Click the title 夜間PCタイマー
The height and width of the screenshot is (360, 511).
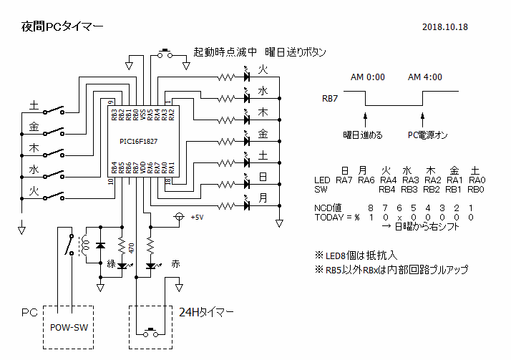tap(62, 26)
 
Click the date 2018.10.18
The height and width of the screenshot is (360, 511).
tap(445, 27)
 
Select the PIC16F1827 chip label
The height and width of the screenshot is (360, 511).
tap(139, 142)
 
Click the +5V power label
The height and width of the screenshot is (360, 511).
tap(197, 217)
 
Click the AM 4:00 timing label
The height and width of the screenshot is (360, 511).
tap(424, 77)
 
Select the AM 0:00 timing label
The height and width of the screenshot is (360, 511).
tap(368, 77)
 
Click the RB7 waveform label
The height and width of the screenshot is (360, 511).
tap(331, 99)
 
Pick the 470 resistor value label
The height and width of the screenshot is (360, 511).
tap(132, 248)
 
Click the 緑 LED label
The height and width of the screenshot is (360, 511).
tap(112, 264)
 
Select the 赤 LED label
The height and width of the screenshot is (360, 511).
tap(176, 264)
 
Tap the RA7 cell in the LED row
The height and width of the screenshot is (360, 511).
tap(345, 180)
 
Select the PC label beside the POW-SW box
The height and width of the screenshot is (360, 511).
tap(29, 313)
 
